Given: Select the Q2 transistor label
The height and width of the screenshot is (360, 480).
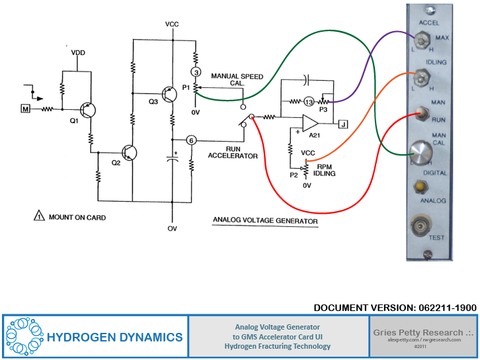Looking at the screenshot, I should pos(116,162).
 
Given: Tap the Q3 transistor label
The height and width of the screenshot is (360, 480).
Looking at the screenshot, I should pos(153,101).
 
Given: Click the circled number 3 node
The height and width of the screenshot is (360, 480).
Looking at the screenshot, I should pos(195,71).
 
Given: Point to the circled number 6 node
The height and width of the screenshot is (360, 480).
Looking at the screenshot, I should pos(191,140).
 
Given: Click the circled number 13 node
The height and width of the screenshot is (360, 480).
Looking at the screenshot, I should pos(308,101).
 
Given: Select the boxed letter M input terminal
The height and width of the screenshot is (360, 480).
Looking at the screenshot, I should pos(26,108).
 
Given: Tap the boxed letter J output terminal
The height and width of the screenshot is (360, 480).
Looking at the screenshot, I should pos(342,123).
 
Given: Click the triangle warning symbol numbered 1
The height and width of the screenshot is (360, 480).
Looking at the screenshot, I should pos(38,216).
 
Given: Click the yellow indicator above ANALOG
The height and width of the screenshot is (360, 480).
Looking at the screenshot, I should pos(420,187).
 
